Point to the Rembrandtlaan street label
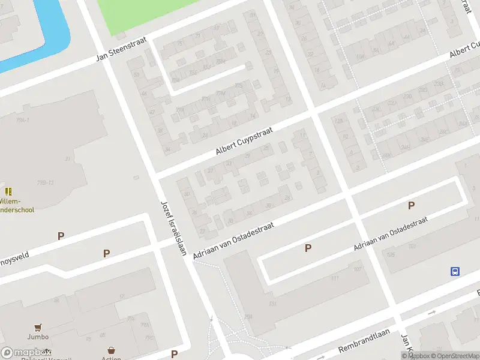tap(364, 340)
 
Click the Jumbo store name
tap(38, 337)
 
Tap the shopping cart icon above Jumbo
tap(38, 328)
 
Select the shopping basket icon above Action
tap(111, 350)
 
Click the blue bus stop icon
tap(455, 271)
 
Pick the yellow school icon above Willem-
tap(8, 191)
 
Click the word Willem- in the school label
tap(10, 201)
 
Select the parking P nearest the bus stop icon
tap(411, 206)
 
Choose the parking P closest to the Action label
tap(174, 354)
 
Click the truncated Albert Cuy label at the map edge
tap(466, 50)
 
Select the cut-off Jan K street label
tap(407, 345)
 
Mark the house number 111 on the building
tap(334, 279)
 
